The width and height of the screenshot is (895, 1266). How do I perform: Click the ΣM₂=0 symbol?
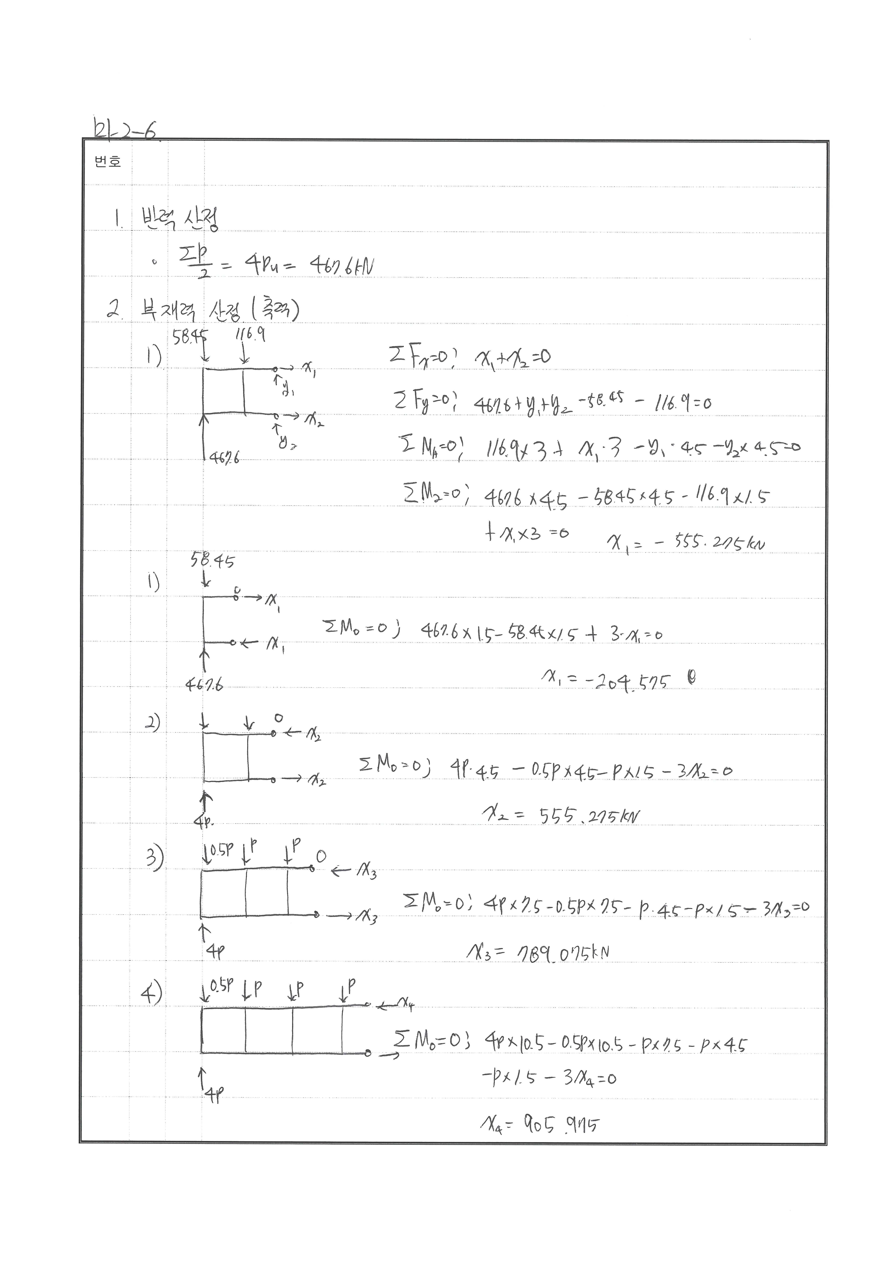coord(436,495)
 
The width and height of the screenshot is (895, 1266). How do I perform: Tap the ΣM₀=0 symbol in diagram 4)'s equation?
coord(430,1041)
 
